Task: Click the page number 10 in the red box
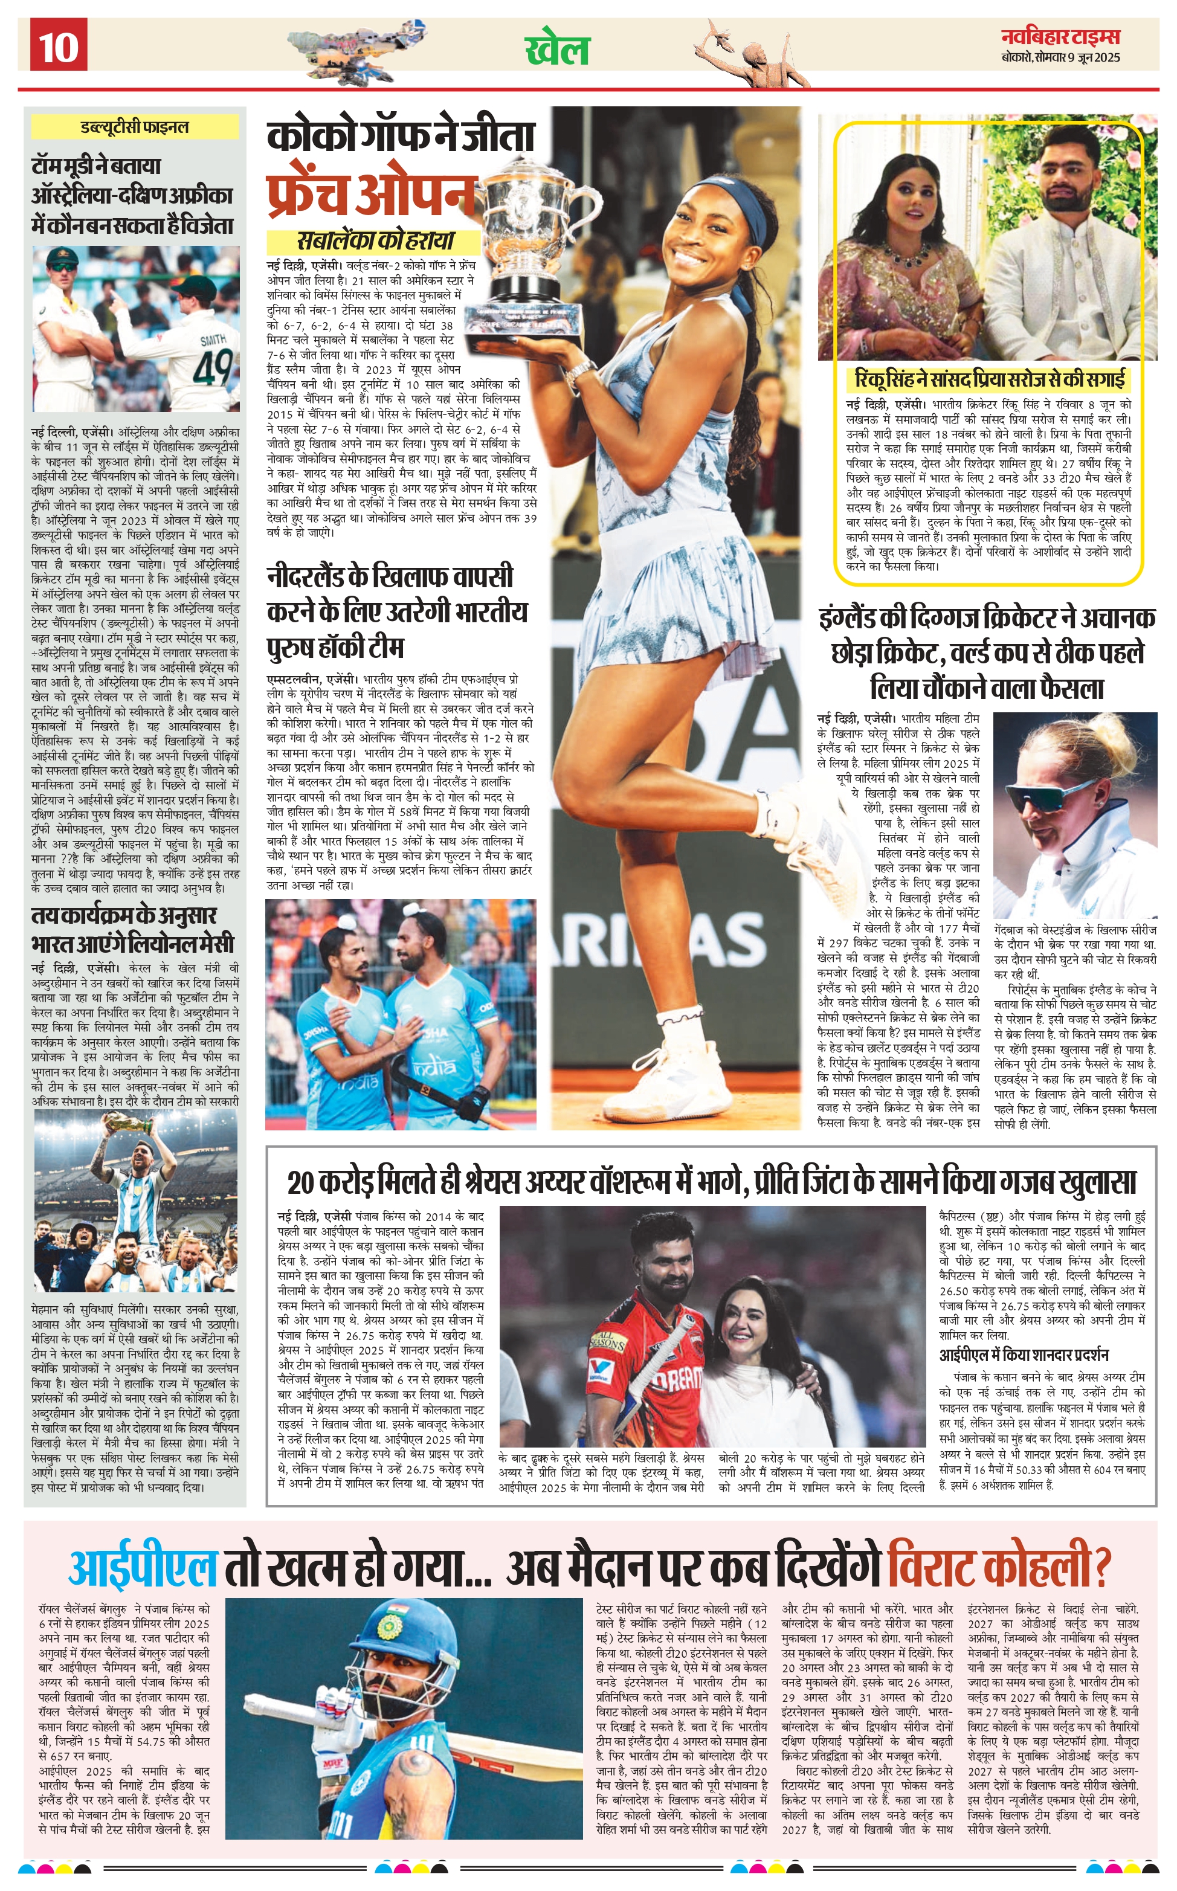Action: [59, 46]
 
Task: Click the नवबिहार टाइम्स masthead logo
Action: [1060, 37]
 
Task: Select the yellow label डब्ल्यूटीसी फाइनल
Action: [135, 127]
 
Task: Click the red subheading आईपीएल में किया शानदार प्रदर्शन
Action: [1024, 1355]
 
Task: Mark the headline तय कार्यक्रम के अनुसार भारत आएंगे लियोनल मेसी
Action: [132, 929]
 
